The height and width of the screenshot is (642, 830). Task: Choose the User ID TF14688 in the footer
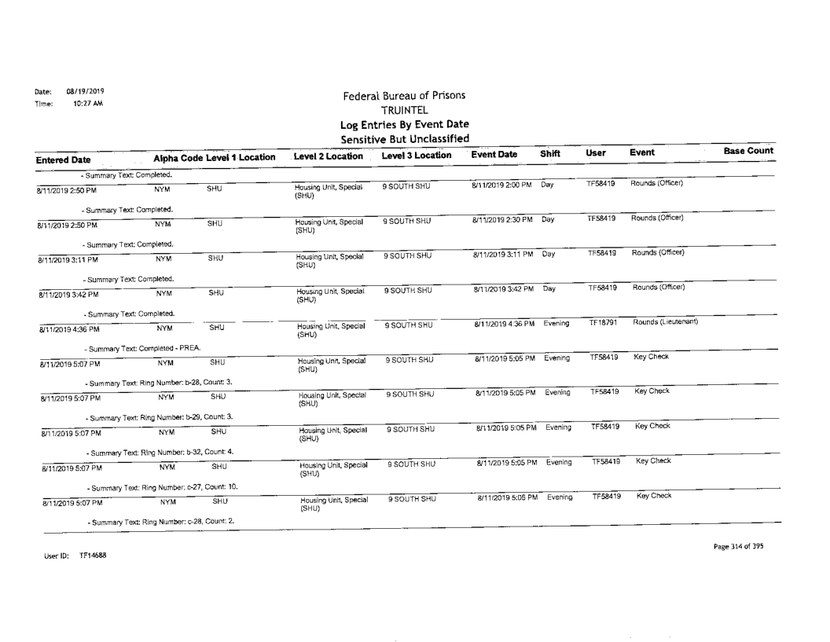point(68,555)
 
